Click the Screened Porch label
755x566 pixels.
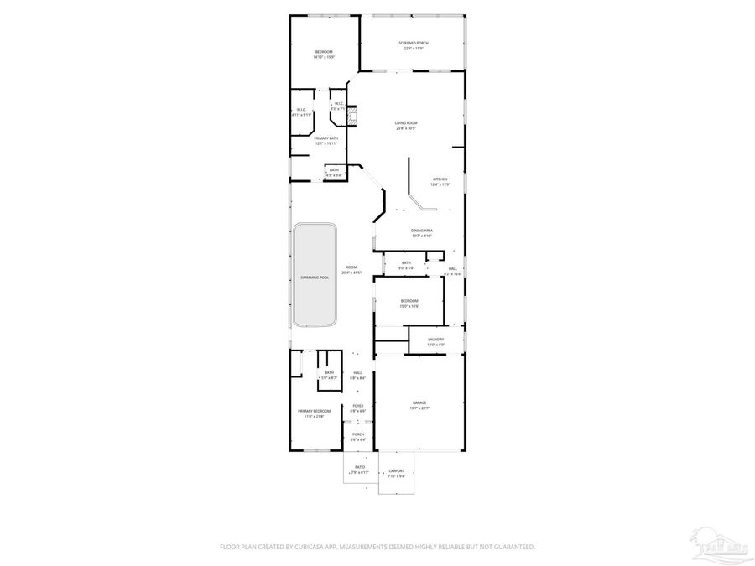click(x=414, y=44)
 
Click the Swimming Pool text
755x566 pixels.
click(x=315, y=276)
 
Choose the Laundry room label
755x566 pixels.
click(x=435, y=340)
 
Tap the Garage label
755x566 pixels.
click(x=419, y=405)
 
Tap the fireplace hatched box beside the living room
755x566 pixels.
click(x=353, y=116)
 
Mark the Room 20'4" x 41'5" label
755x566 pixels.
click(x=351, y=270)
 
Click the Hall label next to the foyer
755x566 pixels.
click(x=357, y=375)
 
